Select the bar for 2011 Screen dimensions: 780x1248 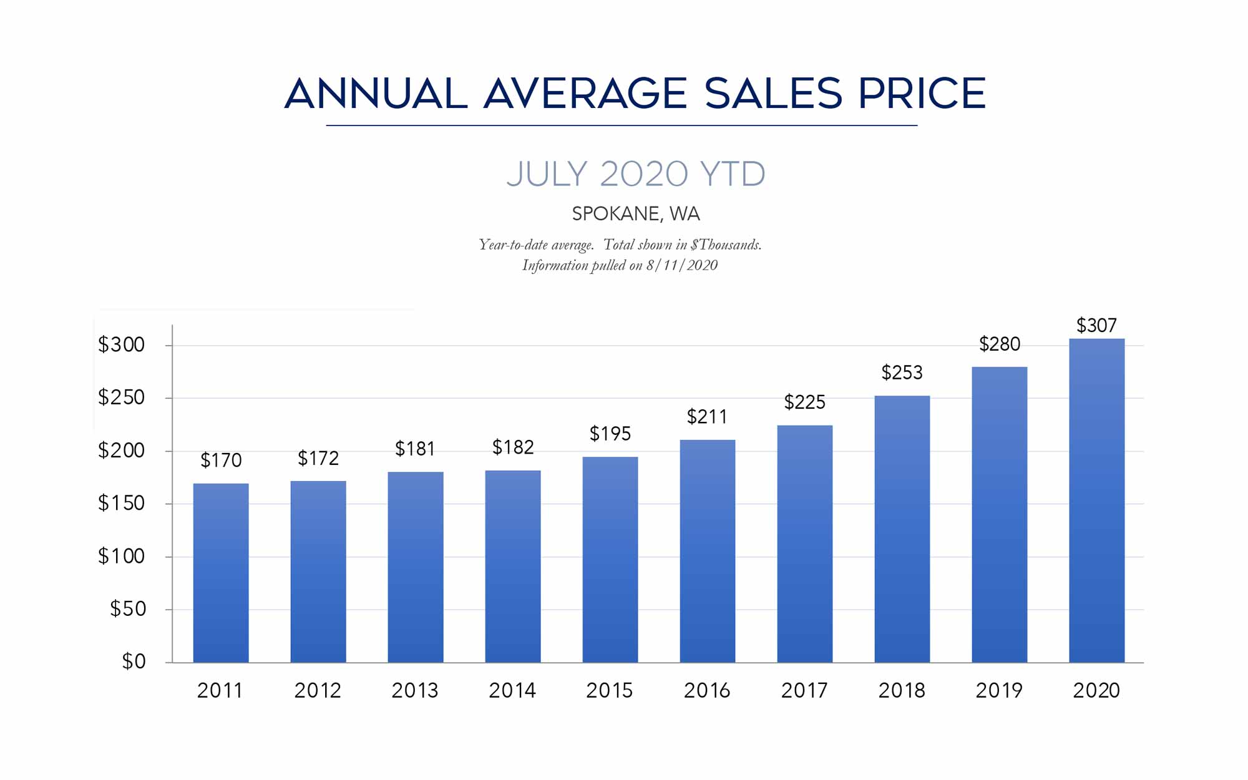pos(221,573)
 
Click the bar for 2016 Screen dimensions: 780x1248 pos(708,551)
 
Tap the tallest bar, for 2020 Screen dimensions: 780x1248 pos(1096,500)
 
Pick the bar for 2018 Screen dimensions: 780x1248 pos(902,529)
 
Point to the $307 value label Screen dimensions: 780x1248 pos(1096,325)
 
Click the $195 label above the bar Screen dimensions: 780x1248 pos(610,433)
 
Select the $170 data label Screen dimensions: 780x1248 pos(221,460)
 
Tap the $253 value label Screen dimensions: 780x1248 pos(902,373)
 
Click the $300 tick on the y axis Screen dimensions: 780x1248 pos(122,344)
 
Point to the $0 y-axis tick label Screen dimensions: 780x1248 pos(134,661)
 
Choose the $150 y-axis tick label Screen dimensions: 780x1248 pos(122,503)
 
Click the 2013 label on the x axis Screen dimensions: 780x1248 pos(415,690)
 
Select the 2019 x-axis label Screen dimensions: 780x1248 pos(999,690)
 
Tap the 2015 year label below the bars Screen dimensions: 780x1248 pos(610,690)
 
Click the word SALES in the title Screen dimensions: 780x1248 pos(773,94)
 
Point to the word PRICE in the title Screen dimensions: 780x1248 pos(922,94)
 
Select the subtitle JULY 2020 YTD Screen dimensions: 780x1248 pos(636,173)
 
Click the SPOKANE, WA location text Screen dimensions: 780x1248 pos(636,214)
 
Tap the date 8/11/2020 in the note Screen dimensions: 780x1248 pos(682,265)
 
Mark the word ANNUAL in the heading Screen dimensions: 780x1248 pos(376,94)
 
